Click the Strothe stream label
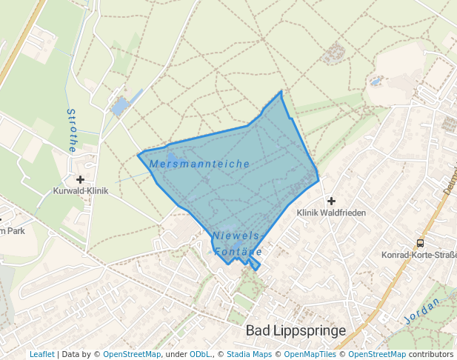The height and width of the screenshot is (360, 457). (72, 130)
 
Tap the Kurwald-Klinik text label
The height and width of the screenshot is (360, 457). (81, 190)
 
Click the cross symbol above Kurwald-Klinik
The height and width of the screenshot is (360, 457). (80, 179)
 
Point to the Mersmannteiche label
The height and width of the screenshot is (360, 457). (199, 163)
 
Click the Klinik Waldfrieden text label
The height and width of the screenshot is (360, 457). (331, 213)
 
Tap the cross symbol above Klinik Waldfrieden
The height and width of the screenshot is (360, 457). (331, 201)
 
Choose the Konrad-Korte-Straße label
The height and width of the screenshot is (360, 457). (418, 255)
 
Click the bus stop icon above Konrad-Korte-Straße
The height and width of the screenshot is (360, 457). (420, 243)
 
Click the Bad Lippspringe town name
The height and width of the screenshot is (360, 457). (296, 330)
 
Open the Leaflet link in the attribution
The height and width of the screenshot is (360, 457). (41, 355)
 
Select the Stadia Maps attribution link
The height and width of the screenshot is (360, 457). (249, 355)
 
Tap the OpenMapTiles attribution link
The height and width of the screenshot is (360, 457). (310, 355)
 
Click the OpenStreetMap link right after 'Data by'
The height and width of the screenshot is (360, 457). (131, 355)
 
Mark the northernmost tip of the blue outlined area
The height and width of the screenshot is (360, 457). (281, 91)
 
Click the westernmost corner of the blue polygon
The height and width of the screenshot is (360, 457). (139, 156)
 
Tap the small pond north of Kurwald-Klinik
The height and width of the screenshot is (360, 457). (118, 108)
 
